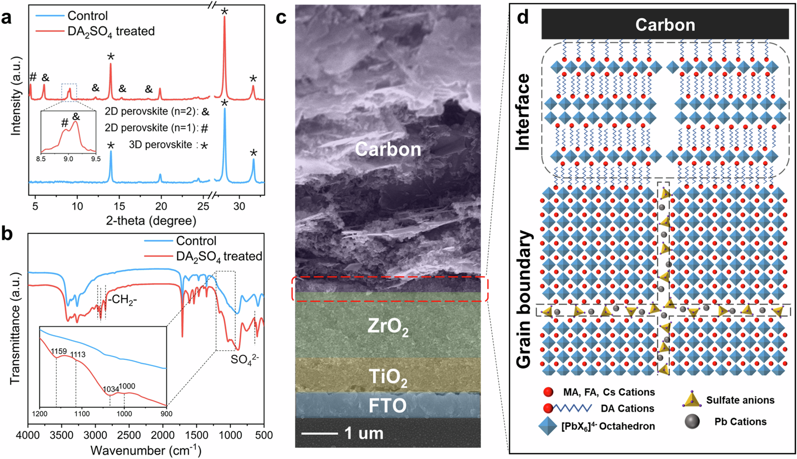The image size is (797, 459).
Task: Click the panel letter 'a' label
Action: click(6, 18)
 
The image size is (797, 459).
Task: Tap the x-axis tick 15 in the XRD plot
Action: click(119, 206)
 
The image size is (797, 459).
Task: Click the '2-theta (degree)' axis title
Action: click(151, 221)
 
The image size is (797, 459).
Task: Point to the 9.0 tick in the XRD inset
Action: click(68, 159)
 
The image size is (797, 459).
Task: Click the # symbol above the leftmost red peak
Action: click(33, 77)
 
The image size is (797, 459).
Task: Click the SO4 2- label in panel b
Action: click(244, 359)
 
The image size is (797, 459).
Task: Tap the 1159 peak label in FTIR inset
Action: click(59, 351)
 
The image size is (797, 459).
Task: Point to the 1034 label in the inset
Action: click(111, 389)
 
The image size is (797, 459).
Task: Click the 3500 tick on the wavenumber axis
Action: click(61, 435)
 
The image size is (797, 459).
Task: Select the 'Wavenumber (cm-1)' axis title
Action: click(146, 451)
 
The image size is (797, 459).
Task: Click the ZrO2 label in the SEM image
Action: click(388, 327)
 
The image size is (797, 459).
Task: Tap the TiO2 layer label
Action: click(388, 377)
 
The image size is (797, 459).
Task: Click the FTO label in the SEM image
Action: click(387, 406)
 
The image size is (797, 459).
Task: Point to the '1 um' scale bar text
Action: click(363, 433)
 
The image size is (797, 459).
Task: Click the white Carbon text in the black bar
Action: click(665, 25)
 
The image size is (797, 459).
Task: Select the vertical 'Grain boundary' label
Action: click(524, 299)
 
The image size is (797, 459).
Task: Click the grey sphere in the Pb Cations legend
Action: click(692, 422)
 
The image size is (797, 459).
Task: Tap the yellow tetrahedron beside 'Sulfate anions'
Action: click(691, 400)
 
